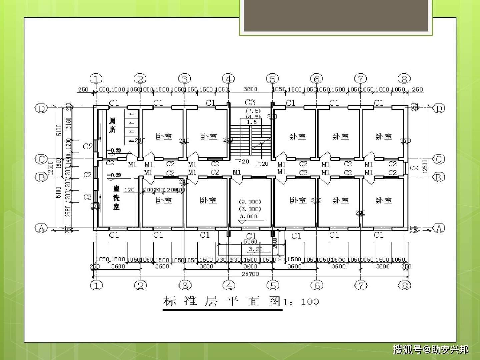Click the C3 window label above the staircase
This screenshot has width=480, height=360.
coord(250,102)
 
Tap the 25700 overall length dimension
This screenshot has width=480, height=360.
coord(250,274)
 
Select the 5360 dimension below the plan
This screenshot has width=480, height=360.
coord(250,242)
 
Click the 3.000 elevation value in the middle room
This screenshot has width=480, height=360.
coord(249,216)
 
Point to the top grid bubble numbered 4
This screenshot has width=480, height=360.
coord(228,79)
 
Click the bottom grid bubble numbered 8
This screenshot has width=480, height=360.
coord(404,285)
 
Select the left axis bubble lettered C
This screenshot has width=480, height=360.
coord(41,159)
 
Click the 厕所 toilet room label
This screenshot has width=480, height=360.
coord(113,125)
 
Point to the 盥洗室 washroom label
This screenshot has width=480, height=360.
coord(116,198)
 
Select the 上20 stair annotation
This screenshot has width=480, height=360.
coord(262,163)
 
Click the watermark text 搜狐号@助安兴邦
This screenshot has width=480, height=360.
coord(430,349)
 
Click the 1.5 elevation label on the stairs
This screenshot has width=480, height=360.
coord(252,122)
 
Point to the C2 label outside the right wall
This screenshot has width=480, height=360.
coord(413,168)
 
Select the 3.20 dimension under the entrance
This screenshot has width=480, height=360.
coord(256,249)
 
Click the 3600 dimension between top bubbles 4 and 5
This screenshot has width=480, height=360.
coord(250,89)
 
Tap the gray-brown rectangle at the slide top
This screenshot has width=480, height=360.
coord(336,16)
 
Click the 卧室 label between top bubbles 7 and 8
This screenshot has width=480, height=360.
coord(384,136)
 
